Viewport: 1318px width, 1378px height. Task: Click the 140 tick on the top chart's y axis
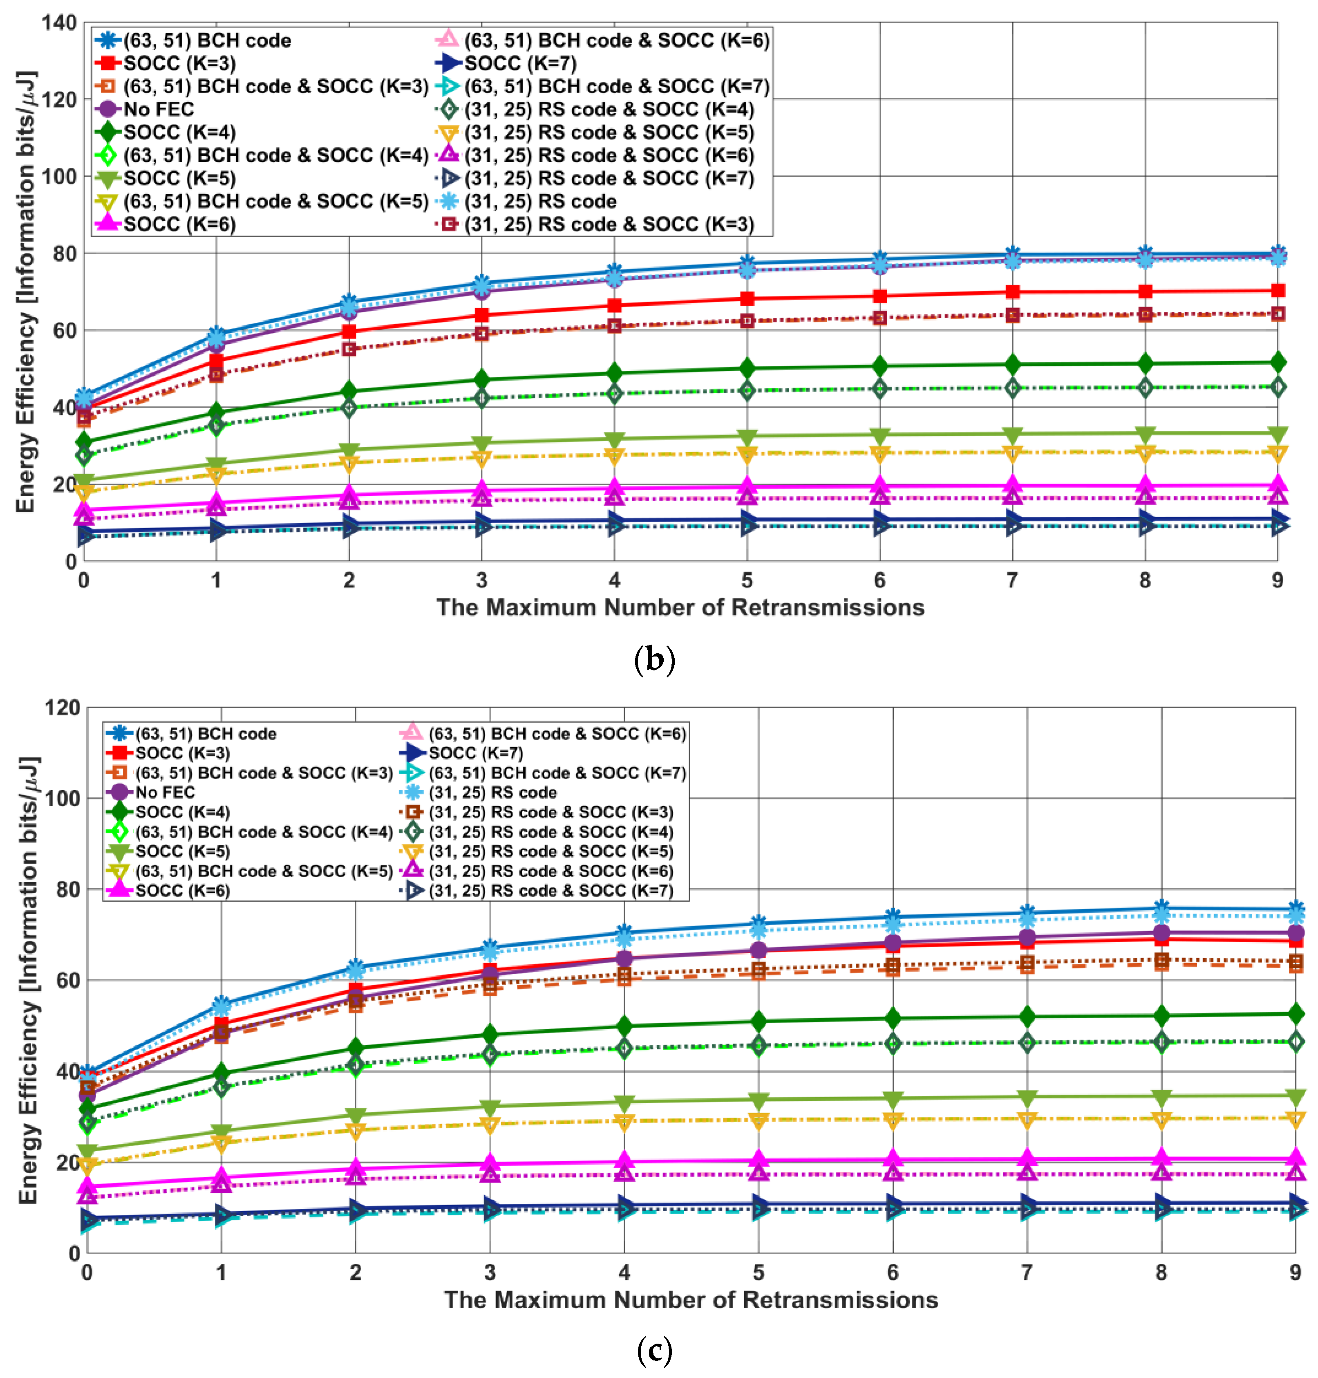(x=59, y=22)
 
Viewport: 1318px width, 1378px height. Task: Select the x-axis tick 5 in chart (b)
(x=747, y=580)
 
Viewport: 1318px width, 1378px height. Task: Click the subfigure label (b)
(x=654, y=660)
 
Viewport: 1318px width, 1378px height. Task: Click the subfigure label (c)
(x=654, y=1350)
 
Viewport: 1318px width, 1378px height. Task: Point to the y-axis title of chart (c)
(x=28, y=980)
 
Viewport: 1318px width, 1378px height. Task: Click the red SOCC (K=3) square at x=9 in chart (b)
(x=1277, y=290)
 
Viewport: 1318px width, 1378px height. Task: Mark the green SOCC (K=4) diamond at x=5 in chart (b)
(x=747, y=368)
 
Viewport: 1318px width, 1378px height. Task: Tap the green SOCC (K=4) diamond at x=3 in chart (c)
(x=490, y=1034)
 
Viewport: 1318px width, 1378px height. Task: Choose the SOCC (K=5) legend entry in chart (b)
(x=179, y=178)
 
